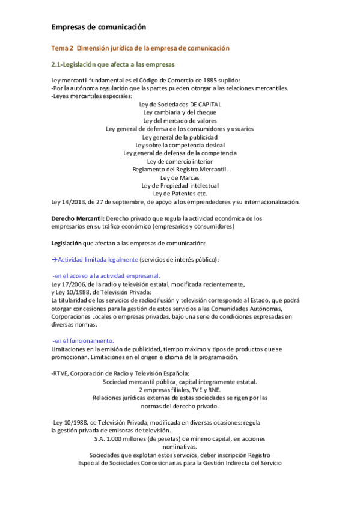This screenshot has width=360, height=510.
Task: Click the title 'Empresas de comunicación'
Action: [x=99, y=27]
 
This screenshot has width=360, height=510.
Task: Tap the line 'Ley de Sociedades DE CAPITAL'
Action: [x=180, y=104]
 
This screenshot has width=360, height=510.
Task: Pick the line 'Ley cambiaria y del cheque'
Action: [x=180, y=112]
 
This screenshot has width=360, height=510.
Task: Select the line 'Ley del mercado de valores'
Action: [x=180, y=120]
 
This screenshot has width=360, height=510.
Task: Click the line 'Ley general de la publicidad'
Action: [x=180, y=137]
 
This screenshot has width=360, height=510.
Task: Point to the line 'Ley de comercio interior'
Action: [x=180, y=161]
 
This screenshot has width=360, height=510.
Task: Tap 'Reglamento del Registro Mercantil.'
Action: [x=180, y=169]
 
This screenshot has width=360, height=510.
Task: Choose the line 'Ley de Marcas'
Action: [x=180, y=177]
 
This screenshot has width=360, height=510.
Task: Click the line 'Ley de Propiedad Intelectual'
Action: [x=180, y=185]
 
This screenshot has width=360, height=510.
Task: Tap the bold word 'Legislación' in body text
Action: [x=67, y=243]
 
